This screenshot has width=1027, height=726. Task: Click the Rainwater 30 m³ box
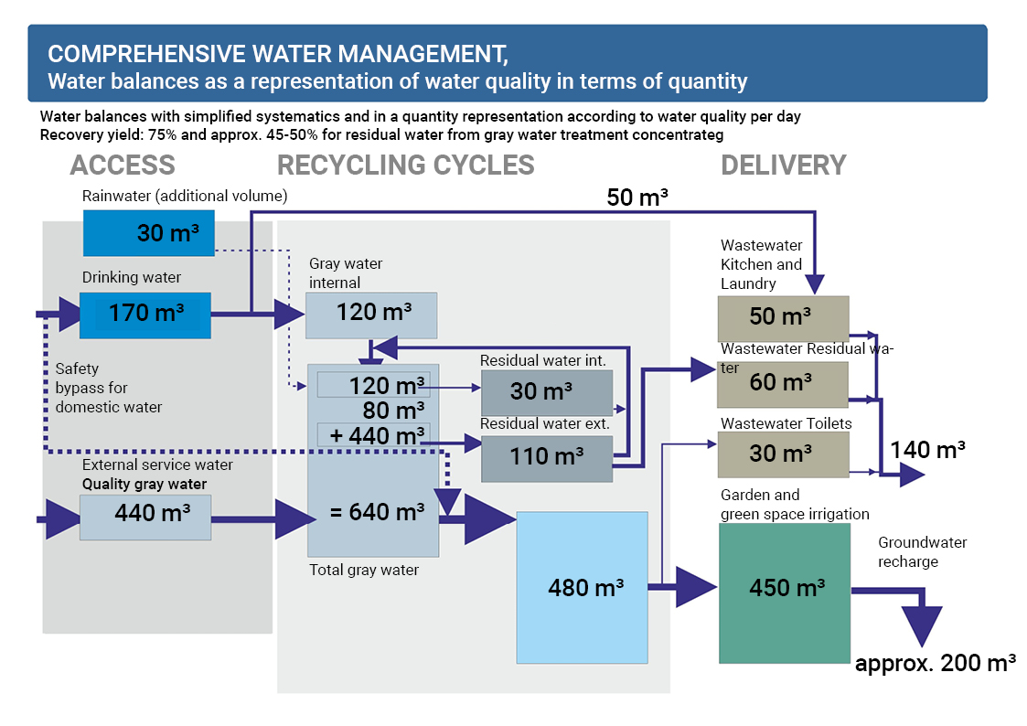(x=148, y=233)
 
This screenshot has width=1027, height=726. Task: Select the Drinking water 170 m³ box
(x=145, y=315)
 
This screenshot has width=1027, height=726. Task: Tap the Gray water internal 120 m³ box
(x=370, y=315)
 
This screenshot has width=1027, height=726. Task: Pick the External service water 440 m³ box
(x=145, y=516)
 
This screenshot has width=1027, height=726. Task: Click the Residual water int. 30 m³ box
(x=546, y=392)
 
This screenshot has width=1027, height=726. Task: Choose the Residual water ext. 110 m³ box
(x=546, y=457)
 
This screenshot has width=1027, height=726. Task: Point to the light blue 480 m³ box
(x=582, y=587)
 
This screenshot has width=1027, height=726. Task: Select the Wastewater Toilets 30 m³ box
(x=783, y=454)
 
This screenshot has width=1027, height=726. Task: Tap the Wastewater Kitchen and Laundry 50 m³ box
(x=783, y=318)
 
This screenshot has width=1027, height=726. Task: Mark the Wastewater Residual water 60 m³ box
(x=783, y=384)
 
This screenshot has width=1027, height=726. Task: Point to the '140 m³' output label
(x=928, y=450)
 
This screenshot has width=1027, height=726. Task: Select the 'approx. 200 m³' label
(x=935, y=665)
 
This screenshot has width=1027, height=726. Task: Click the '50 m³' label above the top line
(x=637, y=198)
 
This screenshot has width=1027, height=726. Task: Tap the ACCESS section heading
(x=122, y=165)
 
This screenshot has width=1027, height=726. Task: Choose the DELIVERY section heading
(x=783, y=165)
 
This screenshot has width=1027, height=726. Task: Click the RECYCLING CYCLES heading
(x=405, y=165)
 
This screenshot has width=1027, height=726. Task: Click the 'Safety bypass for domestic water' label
(x=108, y=388)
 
